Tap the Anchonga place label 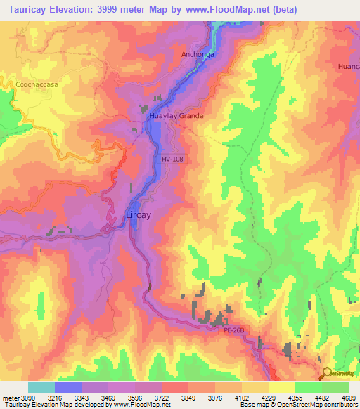[197, 54]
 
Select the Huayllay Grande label [176, 115]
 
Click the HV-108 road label [172, 159]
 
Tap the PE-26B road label [234, 329]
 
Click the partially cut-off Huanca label [349, 67]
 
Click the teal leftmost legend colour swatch [41, 387]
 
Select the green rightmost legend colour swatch [335, 387]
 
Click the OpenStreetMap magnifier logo [326, 373]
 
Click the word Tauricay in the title [27, 10]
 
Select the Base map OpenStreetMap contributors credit [297, 405]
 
